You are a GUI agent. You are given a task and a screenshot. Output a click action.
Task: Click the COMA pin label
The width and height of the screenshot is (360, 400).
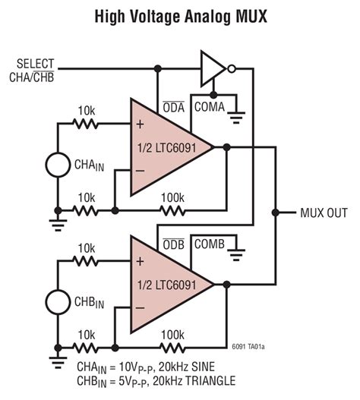209,108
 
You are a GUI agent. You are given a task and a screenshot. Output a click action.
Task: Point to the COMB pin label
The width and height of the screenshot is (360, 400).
209,244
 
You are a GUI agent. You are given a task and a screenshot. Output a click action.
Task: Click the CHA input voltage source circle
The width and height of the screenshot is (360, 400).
58,164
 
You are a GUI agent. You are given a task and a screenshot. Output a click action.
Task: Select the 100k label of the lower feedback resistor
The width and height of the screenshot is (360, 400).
172,333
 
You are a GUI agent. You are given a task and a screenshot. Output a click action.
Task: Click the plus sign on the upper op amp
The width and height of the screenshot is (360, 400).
139,124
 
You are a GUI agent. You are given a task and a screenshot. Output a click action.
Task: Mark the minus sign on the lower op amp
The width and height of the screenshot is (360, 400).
139,307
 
